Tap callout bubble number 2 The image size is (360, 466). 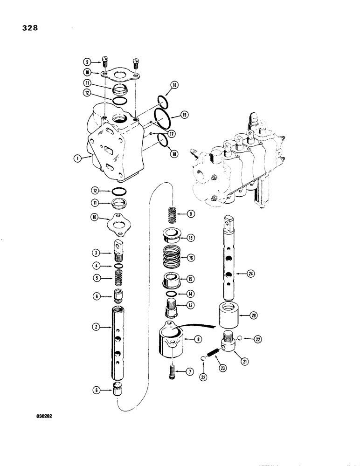[x=96, y=327]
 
